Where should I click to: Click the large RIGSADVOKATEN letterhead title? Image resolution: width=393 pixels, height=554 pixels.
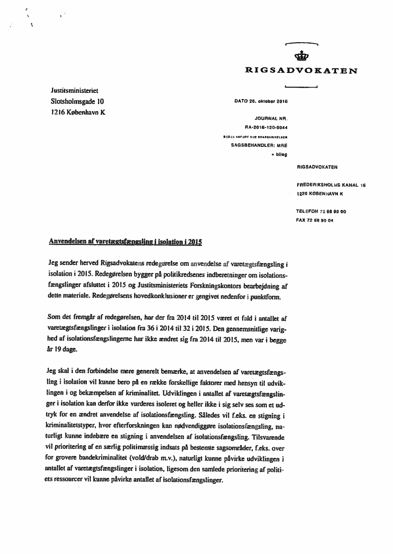tap(301, 71)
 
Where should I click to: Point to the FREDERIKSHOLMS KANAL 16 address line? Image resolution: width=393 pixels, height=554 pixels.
tap(331, 186)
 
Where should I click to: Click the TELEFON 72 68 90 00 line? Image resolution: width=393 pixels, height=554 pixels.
tap(321, 211)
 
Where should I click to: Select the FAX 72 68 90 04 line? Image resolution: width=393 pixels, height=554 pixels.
tap(314, 220)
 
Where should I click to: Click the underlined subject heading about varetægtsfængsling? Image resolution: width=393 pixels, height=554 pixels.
tap(126, 242)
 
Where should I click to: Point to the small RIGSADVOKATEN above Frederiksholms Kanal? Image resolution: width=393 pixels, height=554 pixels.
tap(317, 167)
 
